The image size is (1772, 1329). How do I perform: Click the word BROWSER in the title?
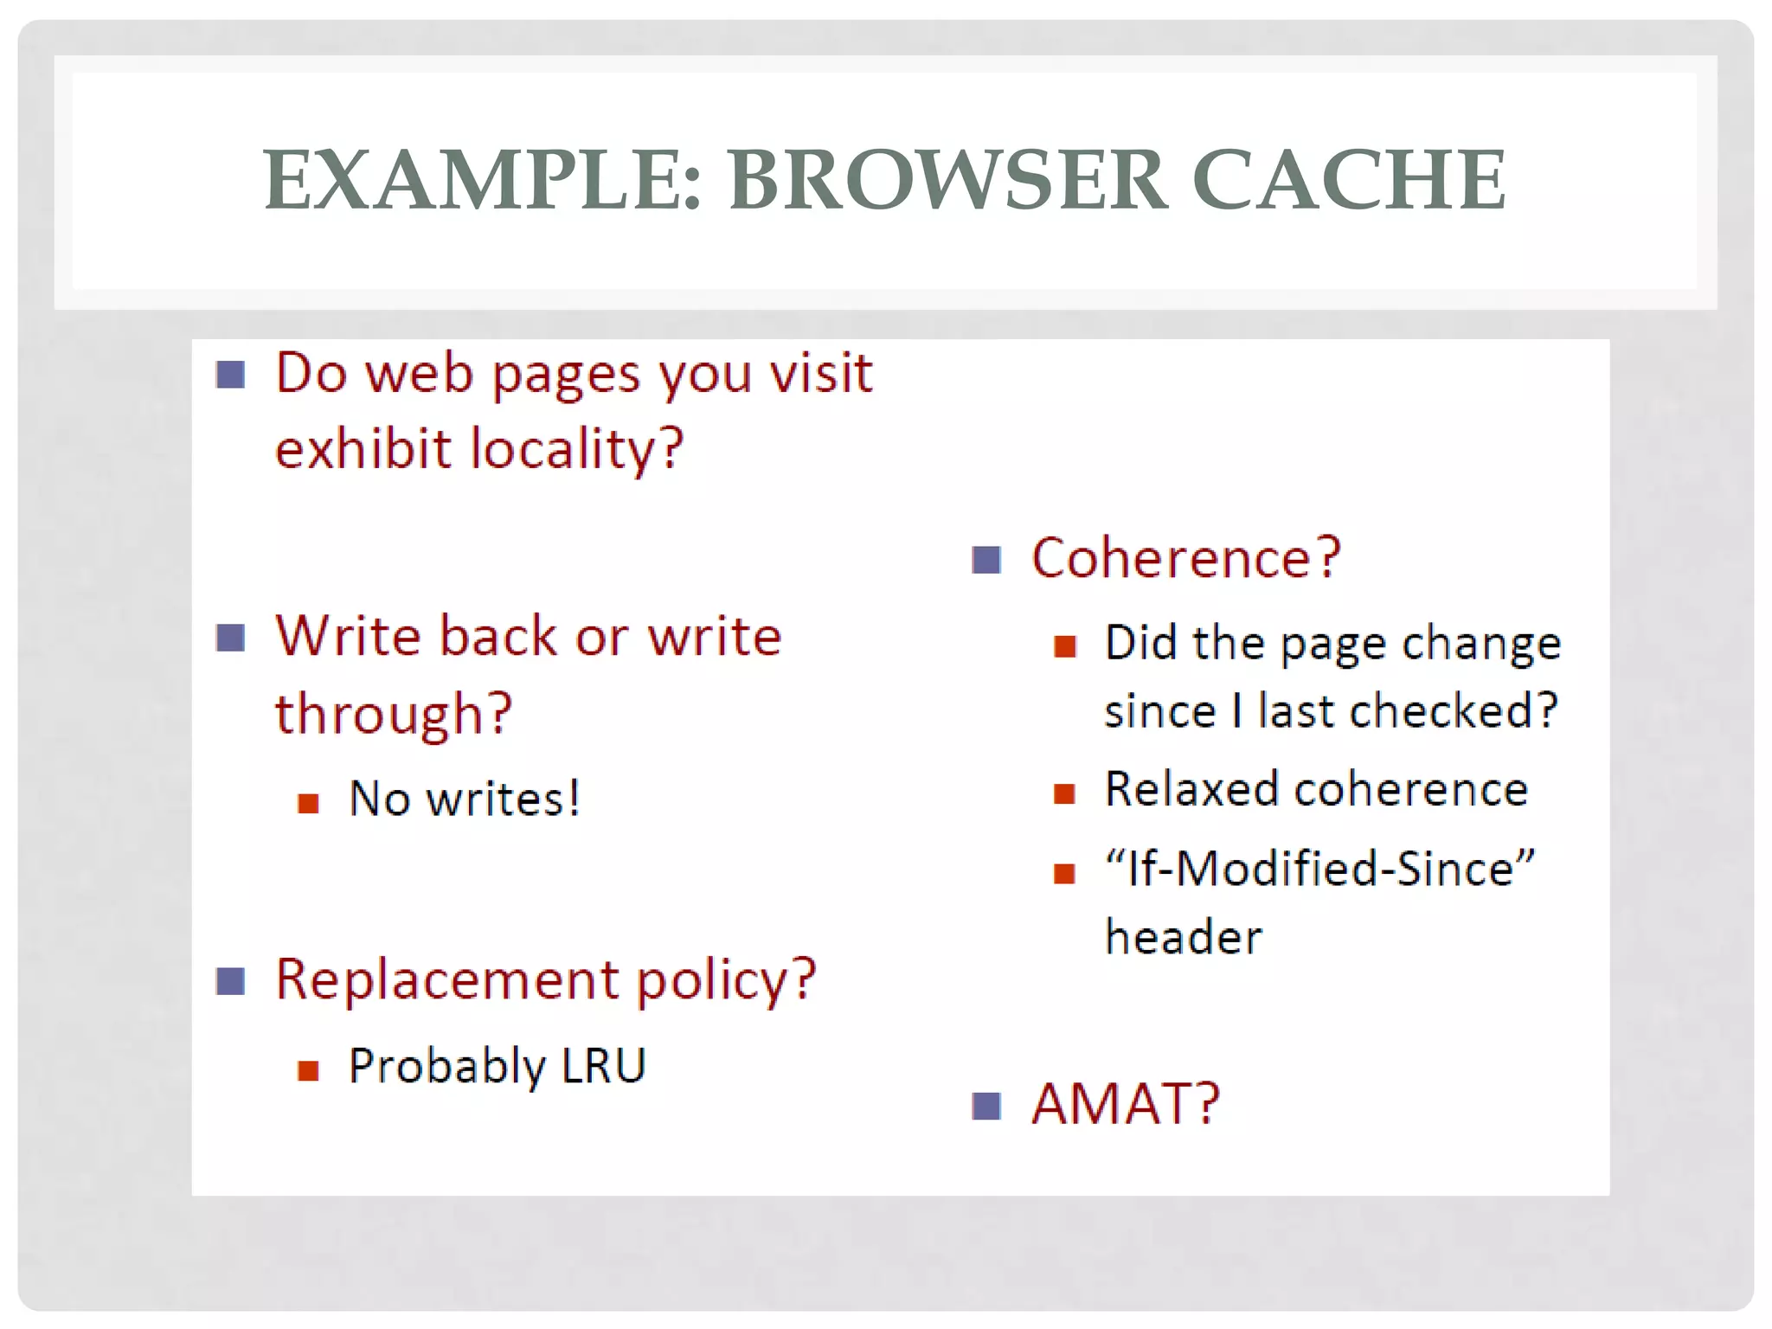(x=947, y=180)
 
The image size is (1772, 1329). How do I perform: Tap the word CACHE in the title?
(x=1349, y=180)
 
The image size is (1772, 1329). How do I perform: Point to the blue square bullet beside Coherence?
(x=986, y=560)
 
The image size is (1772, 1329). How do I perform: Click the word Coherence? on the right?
(x=1185, y=558)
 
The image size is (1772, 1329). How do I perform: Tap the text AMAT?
(x=1125, y=1105)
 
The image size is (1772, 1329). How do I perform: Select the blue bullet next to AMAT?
(x=986, y=1106)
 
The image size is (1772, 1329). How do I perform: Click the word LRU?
(x=603, y=1065)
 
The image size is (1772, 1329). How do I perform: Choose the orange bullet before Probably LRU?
(x=308, y=1071)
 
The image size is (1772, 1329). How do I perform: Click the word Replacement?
(x=446, y=980)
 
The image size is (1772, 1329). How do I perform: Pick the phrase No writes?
(x=464, y=798)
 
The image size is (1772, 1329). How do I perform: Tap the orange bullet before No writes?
(x=308, y=804)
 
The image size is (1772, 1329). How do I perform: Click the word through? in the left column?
(x=394, y=715)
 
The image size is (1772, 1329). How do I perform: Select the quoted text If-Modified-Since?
(x=1319, y=868)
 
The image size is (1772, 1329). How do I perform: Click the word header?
(x=1184, y=937)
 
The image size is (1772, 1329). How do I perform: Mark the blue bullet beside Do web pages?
(x=231, y=376)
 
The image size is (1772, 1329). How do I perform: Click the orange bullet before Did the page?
(x=1064, y=646)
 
